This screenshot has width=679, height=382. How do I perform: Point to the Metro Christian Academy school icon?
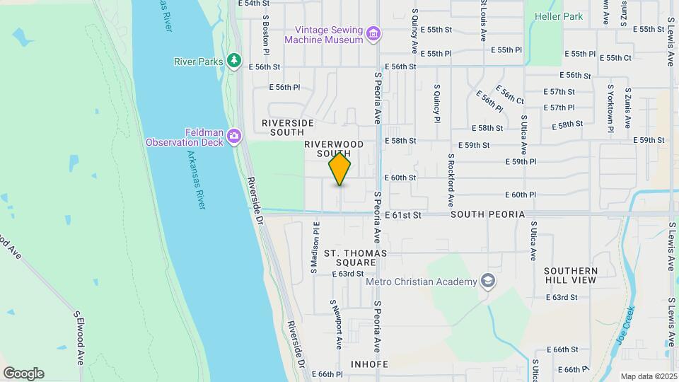(487, 282)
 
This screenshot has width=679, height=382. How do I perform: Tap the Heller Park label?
(559, 16)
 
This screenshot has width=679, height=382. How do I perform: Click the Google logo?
(23, 374)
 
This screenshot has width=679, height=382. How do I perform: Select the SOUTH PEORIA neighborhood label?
(487, 214)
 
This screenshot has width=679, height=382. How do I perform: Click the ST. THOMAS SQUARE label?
(355, 257)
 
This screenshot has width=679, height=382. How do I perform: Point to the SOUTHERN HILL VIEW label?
(571, 275)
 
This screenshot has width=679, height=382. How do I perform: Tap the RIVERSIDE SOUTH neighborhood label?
(288, 127)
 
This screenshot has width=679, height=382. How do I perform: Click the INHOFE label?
(370, 365)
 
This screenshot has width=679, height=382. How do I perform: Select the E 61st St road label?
(403, 214)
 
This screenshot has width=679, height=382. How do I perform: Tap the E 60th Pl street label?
(522, 195)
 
